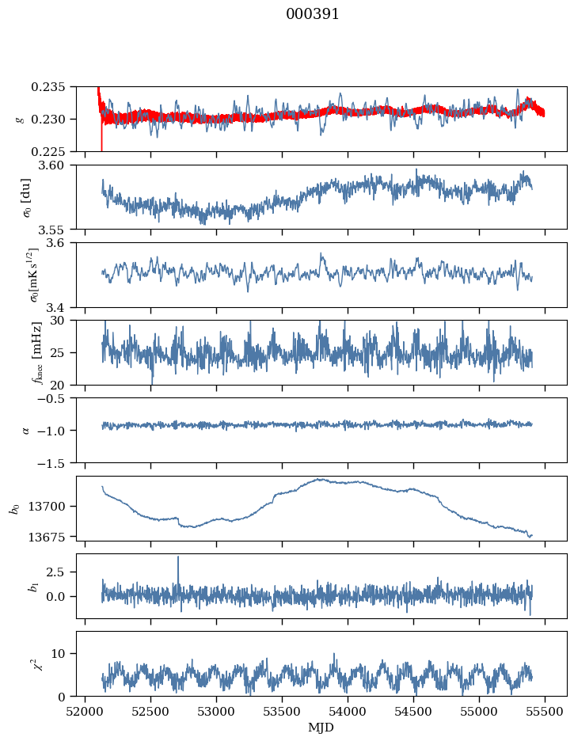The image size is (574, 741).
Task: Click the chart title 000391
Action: click(312, 14)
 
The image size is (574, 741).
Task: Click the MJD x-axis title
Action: click(321, 727)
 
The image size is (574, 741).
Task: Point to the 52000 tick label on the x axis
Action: click(85, 712)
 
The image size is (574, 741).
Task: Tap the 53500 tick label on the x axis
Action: click(282, 712)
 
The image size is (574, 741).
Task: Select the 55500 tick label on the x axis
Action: click(545, 712)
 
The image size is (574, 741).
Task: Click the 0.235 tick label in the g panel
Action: click(48, 87)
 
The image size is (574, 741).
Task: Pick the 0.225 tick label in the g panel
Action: click(48, 152)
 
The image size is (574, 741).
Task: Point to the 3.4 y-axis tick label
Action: click(55, 308)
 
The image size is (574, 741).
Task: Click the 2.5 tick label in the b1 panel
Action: click(55, 572)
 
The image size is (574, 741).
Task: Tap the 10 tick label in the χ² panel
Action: click(58, 654)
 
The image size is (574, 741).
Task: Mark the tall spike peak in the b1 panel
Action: click(178, 557)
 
